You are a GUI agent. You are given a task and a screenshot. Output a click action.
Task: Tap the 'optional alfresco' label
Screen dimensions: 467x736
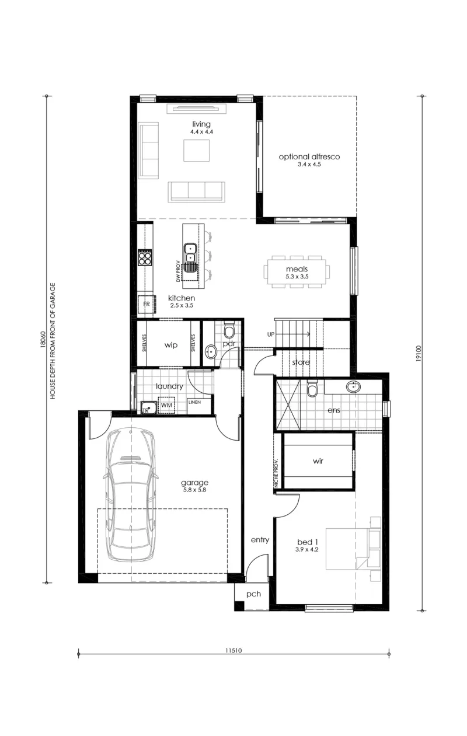[x=309, y=157]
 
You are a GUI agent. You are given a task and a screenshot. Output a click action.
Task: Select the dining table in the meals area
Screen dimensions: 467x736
[x=297, y=272]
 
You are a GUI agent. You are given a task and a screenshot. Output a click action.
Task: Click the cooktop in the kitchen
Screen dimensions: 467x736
[x=145, y=257]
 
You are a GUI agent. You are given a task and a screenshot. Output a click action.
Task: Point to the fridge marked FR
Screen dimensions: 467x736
[x=147, y=304]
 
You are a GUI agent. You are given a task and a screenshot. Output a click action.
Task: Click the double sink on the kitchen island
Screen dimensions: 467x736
[x=190, y=257]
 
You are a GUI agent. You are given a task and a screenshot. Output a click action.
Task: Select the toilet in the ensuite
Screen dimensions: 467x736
[x=312, y=388]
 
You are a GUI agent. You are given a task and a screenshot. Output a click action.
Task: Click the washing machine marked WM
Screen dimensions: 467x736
[x=166, y=405]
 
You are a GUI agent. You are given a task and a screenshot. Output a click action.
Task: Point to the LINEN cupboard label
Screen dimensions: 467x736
[x=194, y=402]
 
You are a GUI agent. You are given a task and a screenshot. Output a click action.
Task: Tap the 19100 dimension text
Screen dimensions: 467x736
[x=419, y=354]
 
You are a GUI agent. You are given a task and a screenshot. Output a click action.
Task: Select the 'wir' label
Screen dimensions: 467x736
[x=318, y=461]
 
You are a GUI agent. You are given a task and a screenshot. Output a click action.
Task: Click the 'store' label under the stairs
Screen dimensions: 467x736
[x=301, y=362]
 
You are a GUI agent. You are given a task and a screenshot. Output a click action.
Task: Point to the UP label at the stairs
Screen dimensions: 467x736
[x=271, y=334]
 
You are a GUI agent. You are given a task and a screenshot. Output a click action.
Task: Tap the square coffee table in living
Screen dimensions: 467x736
[x=197, y=151]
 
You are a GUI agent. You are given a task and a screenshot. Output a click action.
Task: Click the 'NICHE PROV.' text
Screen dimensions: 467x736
[x=276, y=473]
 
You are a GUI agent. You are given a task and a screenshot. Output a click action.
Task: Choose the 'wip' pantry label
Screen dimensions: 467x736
[x=171, y=345]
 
